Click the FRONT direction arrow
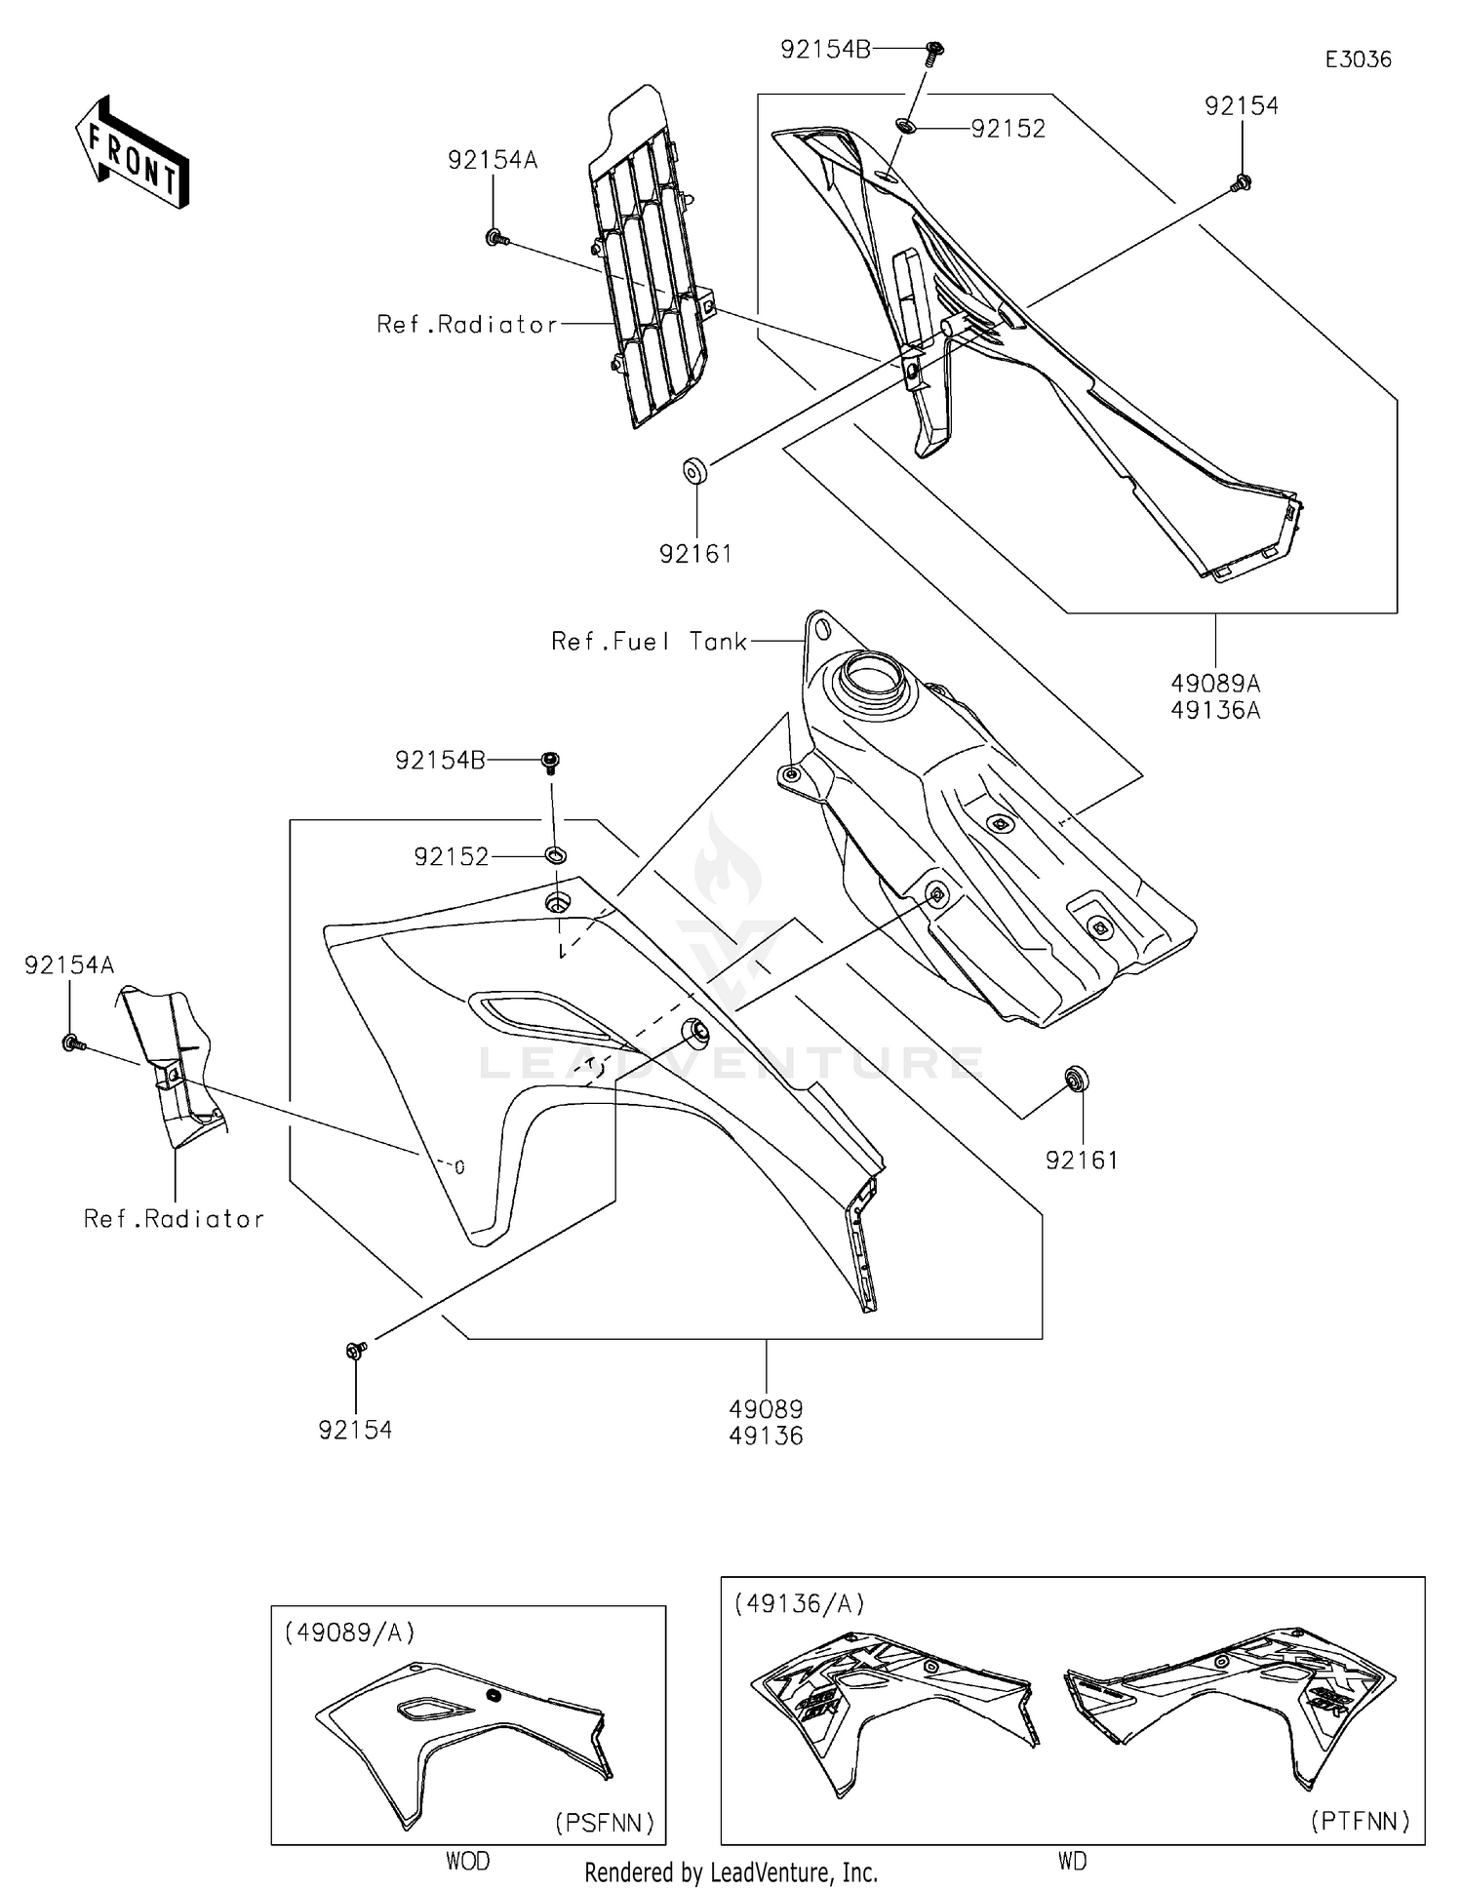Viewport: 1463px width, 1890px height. (133, 153)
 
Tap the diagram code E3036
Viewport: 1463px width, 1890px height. (1358, 59)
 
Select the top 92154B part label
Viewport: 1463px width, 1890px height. (825, 50)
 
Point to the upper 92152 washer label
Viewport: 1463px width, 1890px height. (1008, 130)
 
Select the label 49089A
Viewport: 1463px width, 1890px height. (1215, 683)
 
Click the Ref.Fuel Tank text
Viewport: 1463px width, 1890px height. (650, 642)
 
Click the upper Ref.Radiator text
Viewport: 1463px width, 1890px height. (467, 325)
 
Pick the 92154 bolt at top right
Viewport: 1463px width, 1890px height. (1242, 182)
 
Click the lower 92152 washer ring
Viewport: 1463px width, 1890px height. (555, 855)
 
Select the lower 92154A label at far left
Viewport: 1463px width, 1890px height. (69, 965)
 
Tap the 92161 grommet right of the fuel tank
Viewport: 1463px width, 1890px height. (1077, 1080)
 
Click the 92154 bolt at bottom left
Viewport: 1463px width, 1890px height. (356, 1351)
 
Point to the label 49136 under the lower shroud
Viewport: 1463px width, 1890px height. (766, 1437)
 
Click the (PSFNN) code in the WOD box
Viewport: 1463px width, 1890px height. (605, 1823)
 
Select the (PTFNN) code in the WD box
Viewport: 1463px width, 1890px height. (1360, 1820)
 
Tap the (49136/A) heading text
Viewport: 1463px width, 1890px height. (799, 1604)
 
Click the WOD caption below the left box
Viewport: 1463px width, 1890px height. (468, 1862)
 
